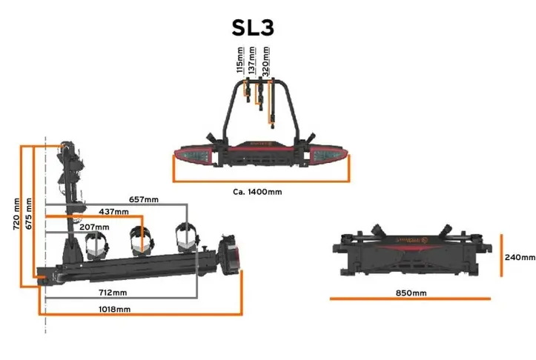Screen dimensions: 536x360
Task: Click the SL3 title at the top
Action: click(253, 27)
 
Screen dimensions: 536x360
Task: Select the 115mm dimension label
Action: click(240, 60)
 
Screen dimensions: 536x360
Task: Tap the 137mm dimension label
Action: click(252, 61)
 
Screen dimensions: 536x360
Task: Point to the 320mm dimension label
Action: click(265, 61)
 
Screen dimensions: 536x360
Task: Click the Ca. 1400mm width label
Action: click(257, 192)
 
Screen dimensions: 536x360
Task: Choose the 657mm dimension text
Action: click(144, 199)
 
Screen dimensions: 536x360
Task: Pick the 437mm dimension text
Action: click(114, 212)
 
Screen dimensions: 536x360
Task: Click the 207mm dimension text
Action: click(94, 227)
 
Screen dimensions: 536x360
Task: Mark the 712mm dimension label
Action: click(113, 293)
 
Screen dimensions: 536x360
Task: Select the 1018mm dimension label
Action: click(114, 310)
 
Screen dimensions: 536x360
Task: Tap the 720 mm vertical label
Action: click(16, 214)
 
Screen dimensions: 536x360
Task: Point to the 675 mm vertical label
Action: click(29, 214)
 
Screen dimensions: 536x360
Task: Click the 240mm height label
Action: click(520, 257)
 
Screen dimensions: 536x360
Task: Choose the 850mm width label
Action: click(411, 293)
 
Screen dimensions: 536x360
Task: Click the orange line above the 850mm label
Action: click(410, 299)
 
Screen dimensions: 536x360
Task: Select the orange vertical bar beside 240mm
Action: click(501, 255)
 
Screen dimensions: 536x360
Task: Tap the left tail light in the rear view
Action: click(193, 156)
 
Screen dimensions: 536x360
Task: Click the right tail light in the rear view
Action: click(328, 155)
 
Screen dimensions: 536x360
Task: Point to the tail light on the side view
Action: click(228, 255)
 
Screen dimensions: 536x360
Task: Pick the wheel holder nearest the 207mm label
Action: click(96, 245)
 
